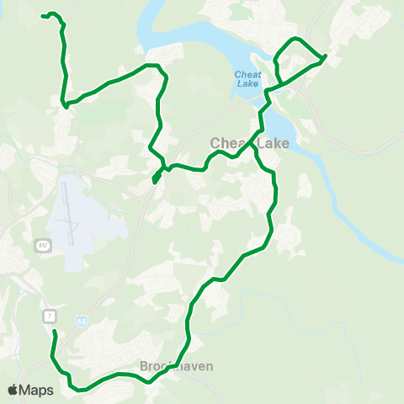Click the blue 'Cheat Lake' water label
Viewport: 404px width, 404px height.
point(247,78)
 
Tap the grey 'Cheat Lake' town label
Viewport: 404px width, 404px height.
point(249,144)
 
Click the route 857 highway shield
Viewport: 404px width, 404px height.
point(42,245)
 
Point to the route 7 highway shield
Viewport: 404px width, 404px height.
point(50,315)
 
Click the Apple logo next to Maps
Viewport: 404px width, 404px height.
point(13,390)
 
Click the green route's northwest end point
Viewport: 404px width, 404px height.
point(43,15)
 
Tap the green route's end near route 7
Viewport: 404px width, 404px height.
point(55,332)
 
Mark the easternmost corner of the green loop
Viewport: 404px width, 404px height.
point(326,56)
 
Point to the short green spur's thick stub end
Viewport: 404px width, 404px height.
point(156,178)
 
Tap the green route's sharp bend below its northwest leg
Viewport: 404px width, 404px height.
point(64,104)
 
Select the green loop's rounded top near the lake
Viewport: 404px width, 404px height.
point(294,40)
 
